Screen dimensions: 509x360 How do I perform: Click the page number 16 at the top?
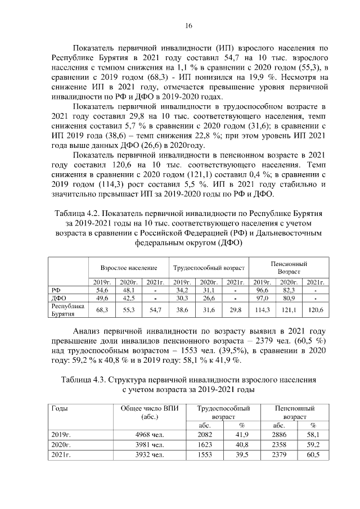tap(190, 25)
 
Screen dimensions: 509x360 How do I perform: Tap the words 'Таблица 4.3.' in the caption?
tap(85, 380)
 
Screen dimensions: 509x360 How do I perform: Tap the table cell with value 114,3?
tap(262, 310)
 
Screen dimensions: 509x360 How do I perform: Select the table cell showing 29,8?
tap(235, 310)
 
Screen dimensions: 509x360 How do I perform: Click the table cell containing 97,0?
tap(262, 298)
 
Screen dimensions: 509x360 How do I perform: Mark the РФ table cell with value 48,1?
tap(129, 290)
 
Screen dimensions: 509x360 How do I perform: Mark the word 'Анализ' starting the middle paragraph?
tap(90, 331)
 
